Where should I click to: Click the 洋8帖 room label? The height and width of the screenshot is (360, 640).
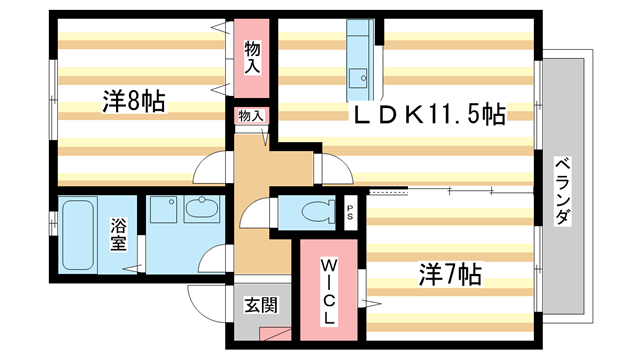pyautogui.click(x=133, y=101)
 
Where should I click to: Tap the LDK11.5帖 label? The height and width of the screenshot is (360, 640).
pyautogui.click(x=426, y=115)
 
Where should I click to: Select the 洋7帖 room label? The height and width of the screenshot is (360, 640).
pyautogui.click(x=449, y=274)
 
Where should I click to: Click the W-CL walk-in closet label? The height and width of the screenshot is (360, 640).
pyautogui.click(x=328, y=290)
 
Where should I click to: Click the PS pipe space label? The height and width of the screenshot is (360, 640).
pyautogui.click(x=350, y=211)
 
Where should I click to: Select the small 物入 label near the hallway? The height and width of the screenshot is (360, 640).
pyautogui.click(x=251, y=116)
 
